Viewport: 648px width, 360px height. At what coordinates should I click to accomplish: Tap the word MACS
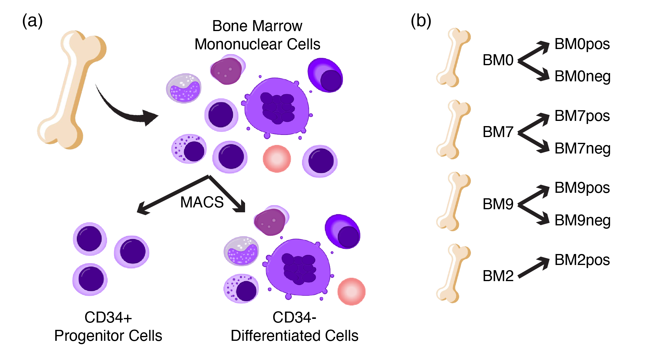202,202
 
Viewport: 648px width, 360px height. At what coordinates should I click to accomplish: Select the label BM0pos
582,44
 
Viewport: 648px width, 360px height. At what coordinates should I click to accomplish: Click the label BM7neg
582,149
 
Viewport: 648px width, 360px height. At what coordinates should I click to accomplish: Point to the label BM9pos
582,188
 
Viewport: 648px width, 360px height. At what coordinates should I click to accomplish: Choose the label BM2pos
582,260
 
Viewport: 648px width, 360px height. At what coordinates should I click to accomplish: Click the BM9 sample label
498,204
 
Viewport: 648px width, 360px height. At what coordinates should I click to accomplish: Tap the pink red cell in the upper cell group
277,159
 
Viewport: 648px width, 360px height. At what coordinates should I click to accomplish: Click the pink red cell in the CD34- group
351,291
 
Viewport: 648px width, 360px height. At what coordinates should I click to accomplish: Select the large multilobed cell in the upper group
277,107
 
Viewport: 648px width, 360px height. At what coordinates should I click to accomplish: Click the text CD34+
108,318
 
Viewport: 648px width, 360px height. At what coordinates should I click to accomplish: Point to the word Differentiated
276,336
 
